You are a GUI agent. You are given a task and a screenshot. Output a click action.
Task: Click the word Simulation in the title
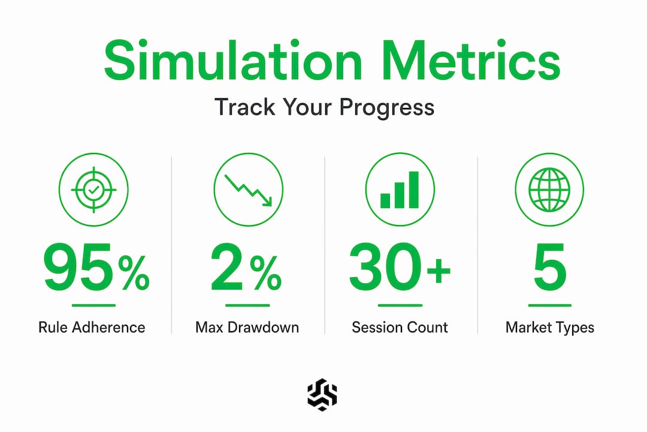click(233, 61)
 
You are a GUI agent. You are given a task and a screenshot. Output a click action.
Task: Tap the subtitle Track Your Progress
click(324, 107)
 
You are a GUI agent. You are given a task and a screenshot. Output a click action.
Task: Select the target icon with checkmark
click(93, 190)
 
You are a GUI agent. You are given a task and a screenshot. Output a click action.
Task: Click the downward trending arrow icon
click(249, 190)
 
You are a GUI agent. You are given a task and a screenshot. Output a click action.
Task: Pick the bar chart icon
click(400, 190)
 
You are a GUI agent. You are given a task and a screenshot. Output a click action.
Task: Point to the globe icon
click(549, 190)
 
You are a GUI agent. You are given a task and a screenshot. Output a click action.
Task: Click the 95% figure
click(96, 267)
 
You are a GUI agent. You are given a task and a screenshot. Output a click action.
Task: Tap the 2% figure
click(246, 267)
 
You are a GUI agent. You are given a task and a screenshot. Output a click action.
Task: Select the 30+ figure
click(400, 267)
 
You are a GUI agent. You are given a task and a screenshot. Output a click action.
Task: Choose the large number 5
click(549, 267)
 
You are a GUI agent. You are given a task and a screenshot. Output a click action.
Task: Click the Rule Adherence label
click(92, 328)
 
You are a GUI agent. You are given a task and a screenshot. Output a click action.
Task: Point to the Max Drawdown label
click(247, 328)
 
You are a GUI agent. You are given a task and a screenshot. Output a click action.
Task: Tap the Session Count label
click(400, 328)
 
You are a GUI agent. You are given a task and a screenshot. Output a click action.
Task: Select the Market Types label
click(549, 328)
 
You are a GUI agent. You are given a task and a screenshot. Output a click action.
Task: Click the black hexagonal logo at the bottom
click(322, 395)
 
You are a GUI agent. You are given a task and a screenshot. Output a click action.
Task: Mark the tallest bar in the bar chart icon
click(413, 190)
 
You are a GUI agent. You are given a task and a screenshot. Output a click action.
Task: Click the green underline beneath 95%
click(93, 305)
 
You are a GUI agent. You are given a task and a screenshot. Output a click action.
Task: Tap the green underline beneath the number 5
click(549, 305)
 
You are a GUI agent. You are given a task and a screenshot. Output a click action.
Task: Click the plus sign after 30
click(439, 271)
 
